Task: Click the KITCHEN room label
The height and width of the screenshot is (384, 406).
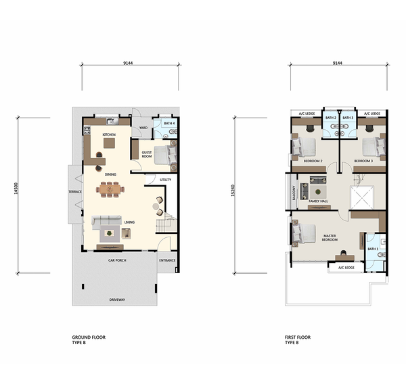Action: pyautogui.click(x=109, y=135)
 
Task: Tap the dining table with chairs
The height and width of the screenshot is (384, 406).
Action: pyautogui.click(x=110, y=189)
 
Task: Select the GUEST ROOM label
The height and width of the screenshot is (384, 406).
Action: pyautogui.click(x=147, y=154)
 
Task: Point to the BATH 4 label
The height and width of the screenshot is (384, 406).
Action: pyautogui.click(x=169, y=123)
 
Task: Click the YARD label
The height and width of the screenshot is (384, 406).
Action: pyautogui.click(x=143, y=128)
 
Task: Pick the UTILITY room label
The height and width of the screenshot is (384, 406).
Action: pyautogui.click(x=166, y=180)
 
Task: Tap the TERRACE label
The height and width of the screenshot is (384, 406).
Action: pyautogui.click(x=75, y=192)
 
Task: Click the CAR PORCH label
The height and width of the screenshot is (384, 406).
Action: pyautogui.click(x=117, y=260)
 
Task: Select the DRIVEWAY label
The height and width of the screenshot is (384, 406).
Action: pyautogui.click(x=117, y=299)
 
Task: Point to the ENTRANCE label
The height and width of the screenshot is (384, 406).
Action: pyautogui.click(x=167, y=260)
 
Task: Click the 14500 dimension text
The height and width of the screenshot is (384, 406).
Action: pyautogui.click(x=16, y=189)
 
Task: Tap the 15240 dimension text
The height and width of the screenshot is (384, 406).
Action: pyautogui.click(x=233, y=191)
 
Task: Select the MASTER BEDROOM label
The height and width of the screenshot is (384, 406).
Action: pyautogui.click(x=330, y=238)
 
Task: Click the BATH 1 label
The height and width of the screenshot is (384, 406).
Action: pyautogui.click(x=373, y=249)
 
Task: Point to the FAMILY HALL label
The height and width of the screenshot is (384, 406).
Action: pyautogui.click(x=318, y=201)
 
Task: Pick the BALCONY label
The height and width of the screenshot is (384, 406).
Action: pyautogui.click(x=294, y=193)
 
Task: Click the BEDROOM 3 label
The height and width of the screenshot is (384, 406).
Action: pyautogui.click(x=363, y=161)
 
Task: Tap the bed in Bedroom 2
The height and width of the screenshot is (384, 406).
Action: pyautogui.click(x=304, y=147)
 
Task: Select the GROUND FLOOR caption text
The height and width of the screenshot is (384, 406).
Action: pyautogui.click(x=89, y=337)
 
